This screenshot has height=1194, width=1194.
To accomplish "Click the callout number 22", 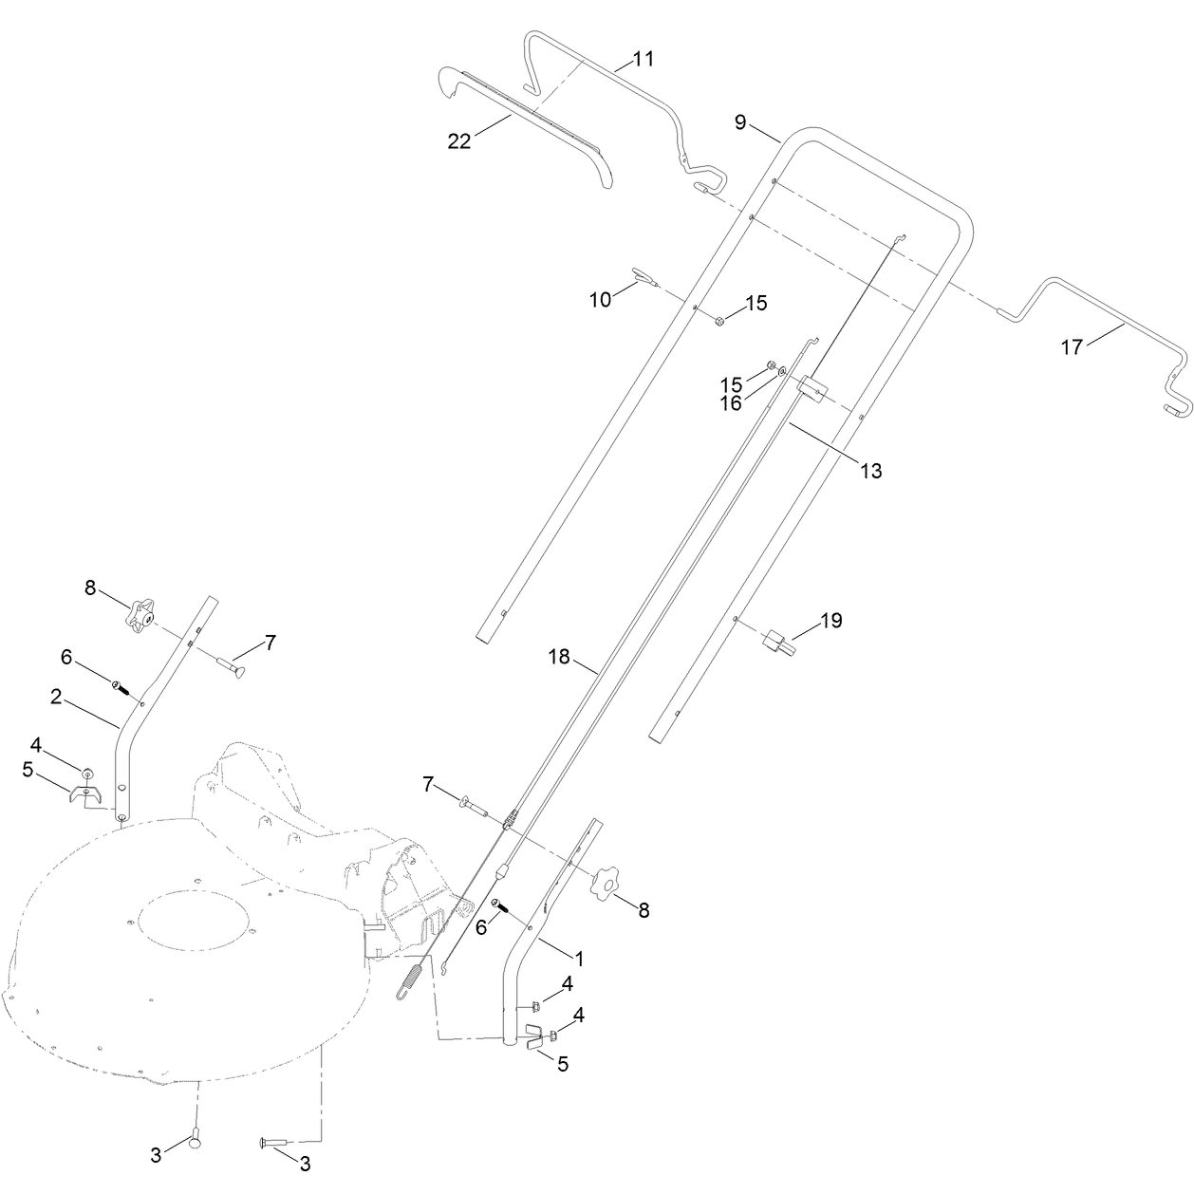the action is coord(459,141).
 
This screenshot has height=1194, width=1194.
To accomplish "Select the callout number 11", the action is coord(644,60).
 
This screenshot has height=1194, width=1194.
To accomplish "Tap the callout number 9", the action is coord(740,122).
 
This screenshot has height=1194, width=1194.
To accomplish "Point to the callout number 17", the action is coord(1072,347).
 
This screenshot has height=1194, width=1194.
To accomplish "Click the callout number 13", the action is coord(871,471).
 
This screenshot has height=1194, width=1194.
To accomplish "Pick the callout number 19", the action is coord(831,620).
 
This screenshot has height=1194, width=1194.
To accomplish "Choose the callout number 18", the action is coord(559,657).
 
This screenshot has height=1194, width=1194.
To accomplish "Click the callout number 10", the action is coord(601,300).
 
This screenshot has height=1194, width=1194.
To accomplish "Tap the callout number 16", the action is coord(731,404).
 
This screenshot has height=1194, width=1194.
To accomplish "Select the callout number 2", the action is coord(56,697).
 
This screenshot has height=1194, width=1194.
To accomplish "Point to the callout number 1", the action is coord(579,960).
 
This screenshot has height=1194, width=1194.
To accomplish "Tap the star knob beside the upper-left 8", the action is coord(141,613).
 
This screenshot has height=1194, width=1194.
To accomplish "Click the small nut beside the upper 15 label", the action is coord(720,321).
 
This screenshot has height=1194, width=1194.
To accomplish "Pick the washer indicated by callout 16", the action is coord(782,370).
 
